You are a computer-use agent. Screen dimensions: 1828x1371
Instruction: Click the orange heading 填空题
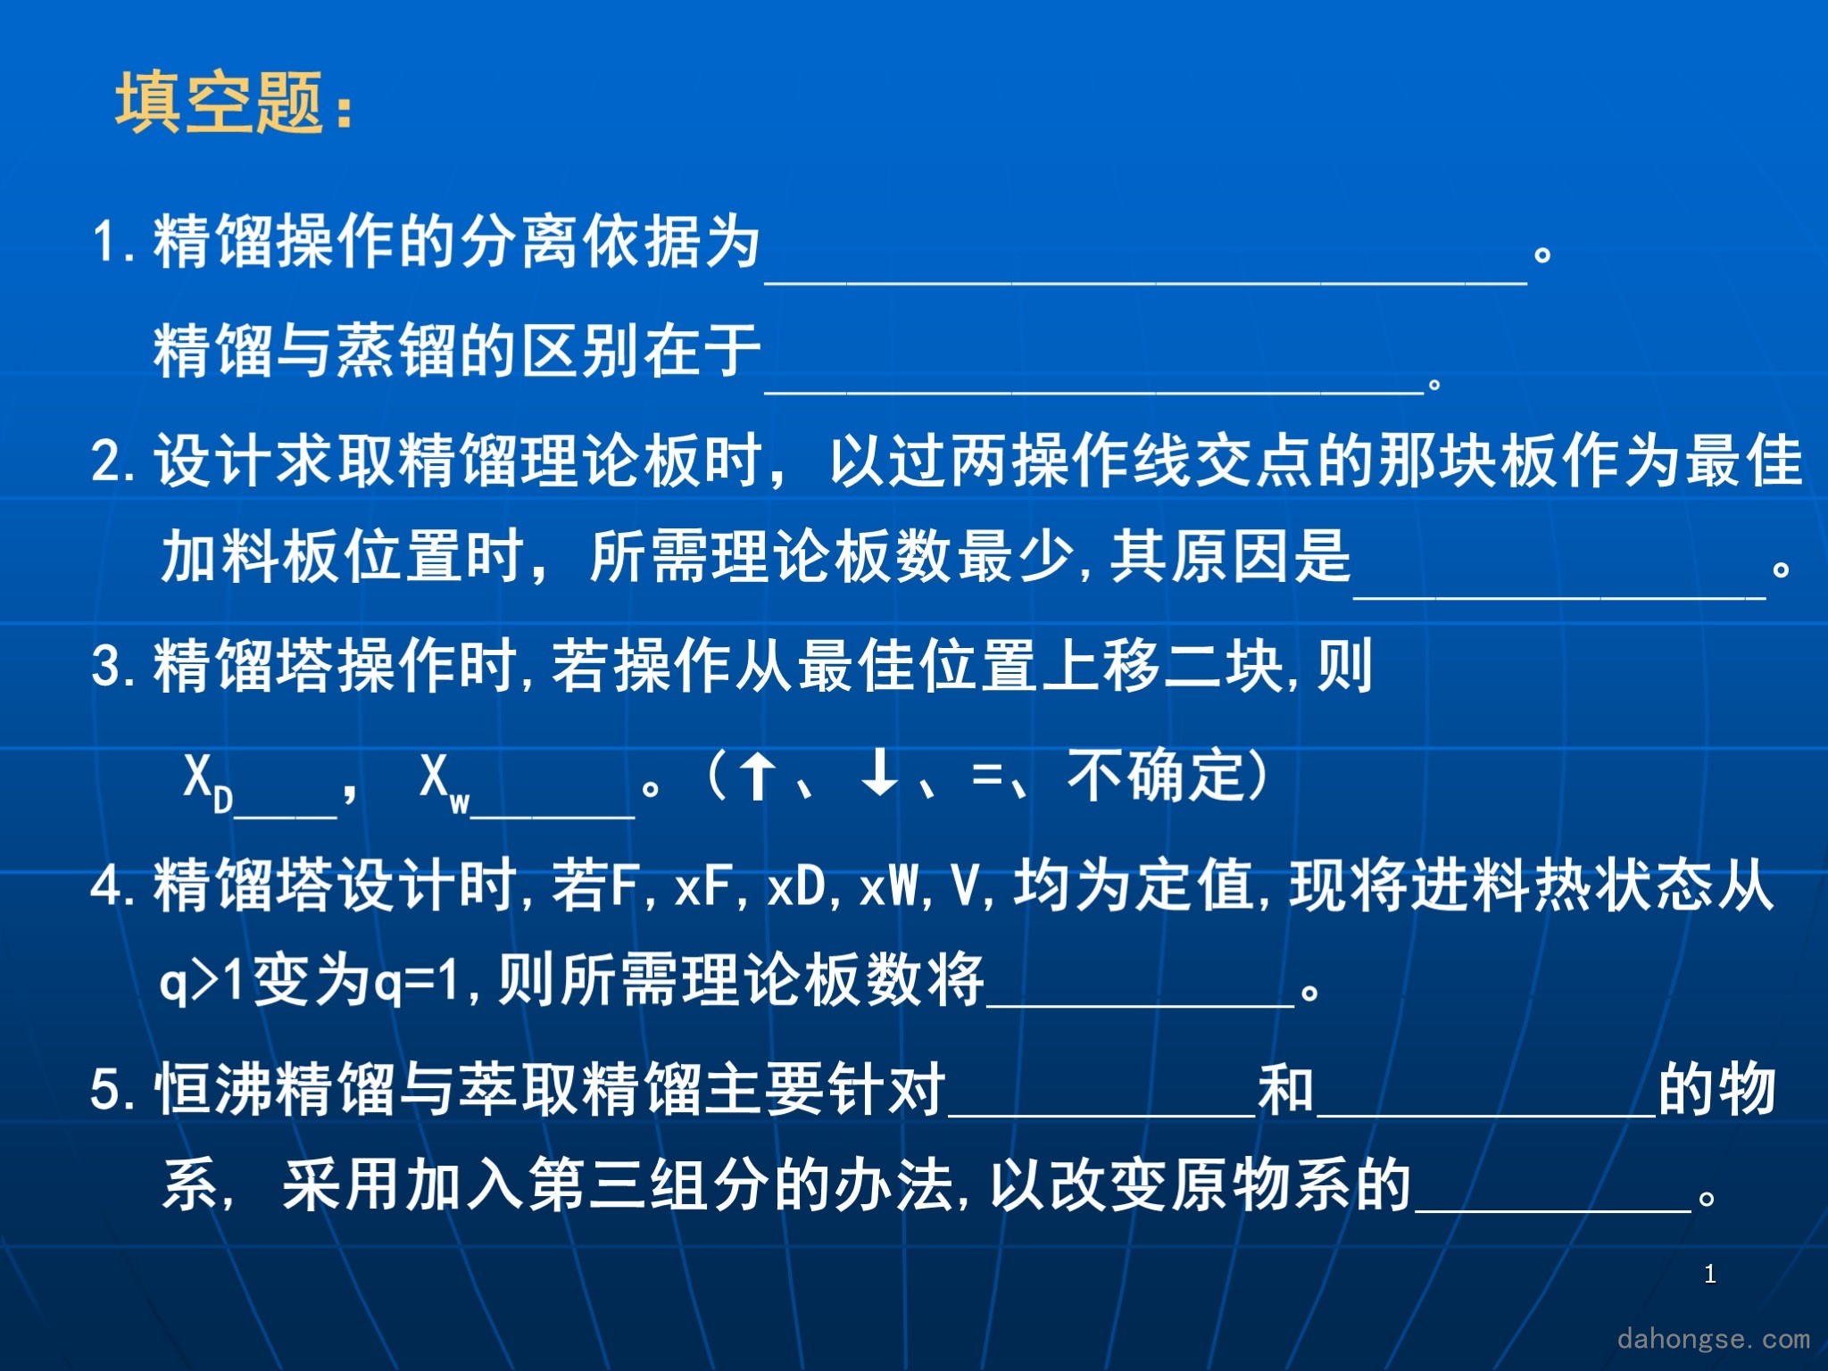point(219,103)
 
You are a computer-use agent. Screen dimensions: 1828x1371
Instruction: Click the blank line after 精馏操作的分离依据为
point(1146,282)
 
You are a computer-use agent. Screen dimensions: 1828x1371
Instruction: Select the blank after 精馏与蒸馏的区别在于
point(1094,391)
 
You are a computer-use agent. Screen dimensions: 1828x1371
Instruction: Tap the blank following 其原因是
point(1559,596)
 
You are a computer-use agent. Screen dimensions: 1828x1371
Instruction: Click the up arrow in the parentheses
point(758,775)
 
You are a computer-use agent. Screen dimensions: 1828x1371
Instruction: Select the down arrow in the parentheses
point(880,773)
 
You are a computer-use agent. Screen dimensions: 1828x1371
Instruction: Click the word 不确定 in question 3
point(1157,775)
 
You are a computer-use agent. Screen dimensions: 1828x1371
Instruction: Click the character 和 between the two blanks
point(1286,1088)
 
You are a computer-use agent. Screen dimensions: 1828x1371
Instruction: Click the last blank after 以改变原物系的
point(1553,1209)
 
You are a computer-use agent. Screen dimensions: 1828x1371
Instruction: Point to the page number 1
point(1709,1274)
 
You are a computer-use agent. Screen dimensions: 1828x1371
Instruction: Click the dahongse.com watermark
point(1714,1338)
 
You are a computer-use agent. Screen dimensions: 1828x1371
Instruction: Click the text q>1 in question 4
point(203,979)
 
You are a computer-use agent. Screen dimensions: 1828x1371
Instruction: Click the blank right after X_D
point(286,815)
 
